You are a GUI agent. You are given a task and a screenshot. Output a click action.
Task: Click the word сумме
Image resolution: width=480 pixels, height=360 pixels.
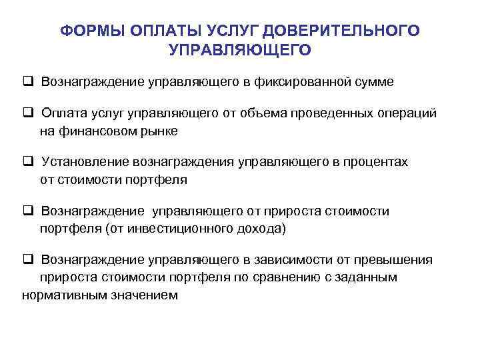[373, 82]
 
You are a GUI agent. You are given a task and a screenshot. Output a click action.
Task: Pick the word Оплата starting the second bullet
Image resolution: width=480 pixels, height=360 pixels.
[62, 113]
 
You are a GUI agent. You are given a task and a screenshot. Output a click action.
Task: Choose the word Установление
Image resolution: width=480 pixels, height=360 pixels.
[85, 162]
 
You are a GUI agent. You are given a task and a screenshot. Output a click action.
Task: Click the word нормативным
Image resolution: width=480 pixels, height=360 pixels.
[61, 294]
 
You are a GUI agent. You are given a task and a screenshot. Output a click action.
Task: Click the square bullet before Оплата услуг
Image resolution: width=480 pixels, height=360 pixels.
[27, 113]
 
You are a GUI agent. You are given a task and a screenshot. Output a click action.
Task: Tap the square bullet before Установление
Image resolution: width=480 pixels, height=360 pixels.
[27, 162]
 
